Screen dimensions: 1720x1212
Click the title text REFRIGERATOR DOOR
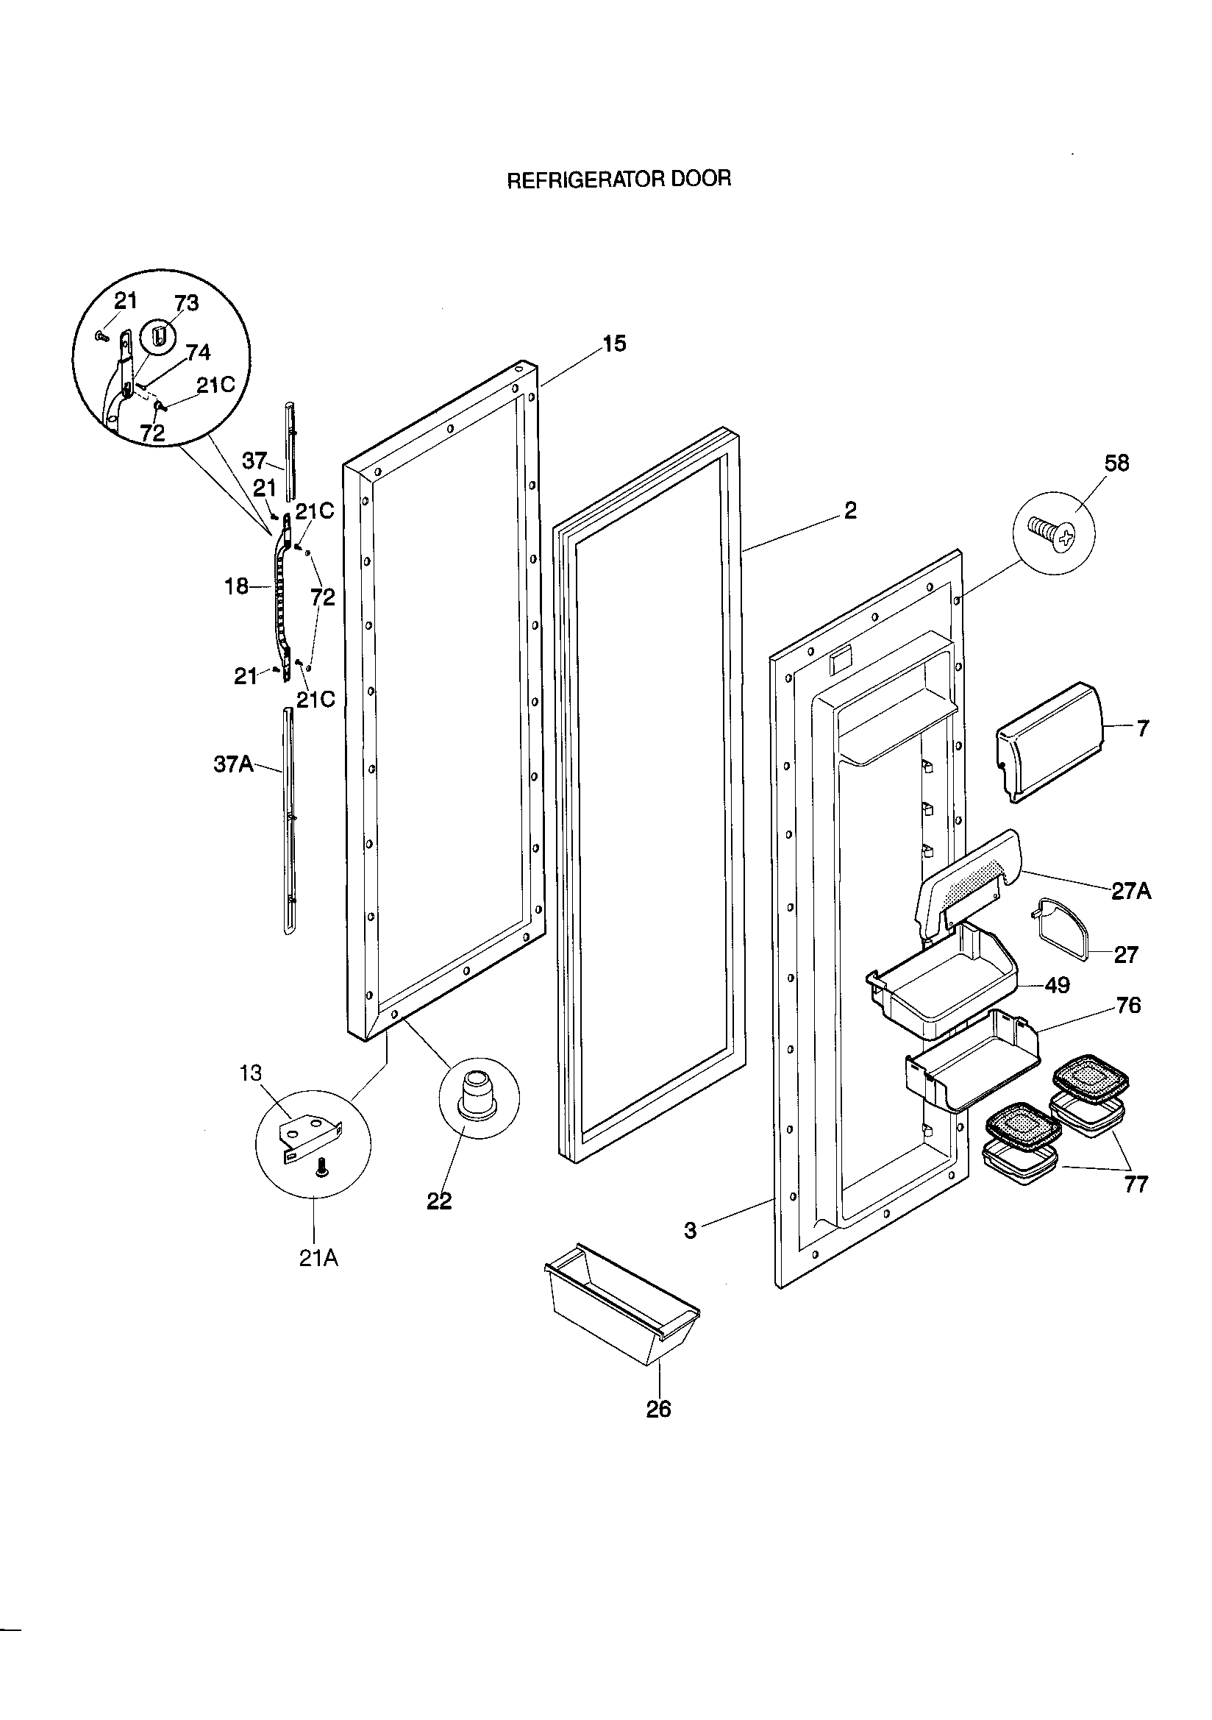point(619,180)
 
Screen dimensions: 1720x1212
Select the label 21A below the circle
point(318,1258)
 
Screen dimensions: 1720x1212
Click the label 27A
point(1130,891)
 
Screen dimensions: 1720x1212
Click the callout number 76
point(1128,1005)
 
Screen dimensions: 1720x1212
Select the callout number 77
point(1136,1184)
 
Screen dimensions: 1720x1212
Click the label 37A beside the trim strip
point(234,764)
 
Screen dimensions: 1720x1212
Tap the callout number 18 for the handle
point(236,586)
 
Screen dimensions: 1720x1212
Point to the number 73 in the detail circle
point(187,302)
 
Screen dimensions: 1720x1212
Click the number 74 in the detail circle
point(198,352)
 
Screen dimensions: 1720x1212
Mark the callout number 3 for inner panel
point(690,1230)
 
